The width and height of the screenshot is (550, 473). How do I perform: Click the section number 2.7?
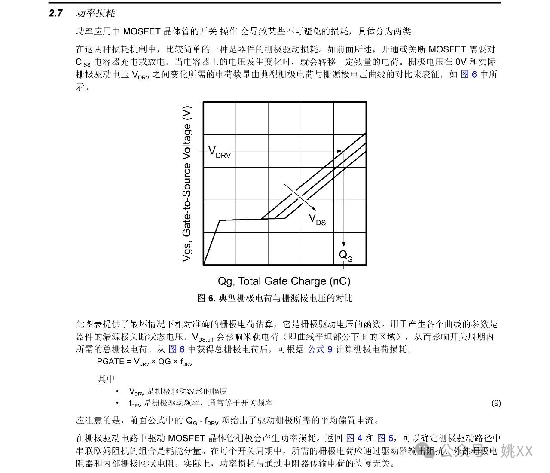pyautogui.click(x=56, y=13)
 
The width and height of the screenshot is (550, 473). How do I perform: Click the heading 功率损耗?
pyautogui.click(x=95, y=13)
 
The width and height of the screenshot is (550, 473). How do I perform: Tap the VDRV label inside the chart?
pyautogui.click(x=219, y=152)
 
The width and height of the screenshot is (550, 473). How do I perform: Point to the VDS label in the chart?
pyautogui.click(x=317, y=220)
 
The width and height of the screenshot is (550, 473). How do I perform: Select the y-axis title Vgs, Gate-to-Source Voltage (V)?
pyautogui.click(x=187, y=184)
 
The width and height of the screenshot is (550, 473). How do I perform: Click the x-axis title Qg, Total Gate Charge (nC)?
pyautogui.click(x=284, y=281)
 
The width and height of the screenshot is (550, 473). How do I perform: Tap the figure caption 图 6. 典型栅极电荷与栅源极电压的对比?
pyautogui.click(x=275, y=298)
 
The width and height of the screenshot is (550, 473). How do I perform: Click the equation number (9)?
pyautogui.click(x=496, y=403)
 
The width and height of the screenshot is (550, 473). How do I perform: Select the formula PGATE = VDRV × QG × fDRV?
pyautogui.click(x=145, y=362)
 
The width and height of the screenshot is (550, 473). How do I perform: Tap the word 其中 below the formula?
pyautogui.click(x=106, y=378)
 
